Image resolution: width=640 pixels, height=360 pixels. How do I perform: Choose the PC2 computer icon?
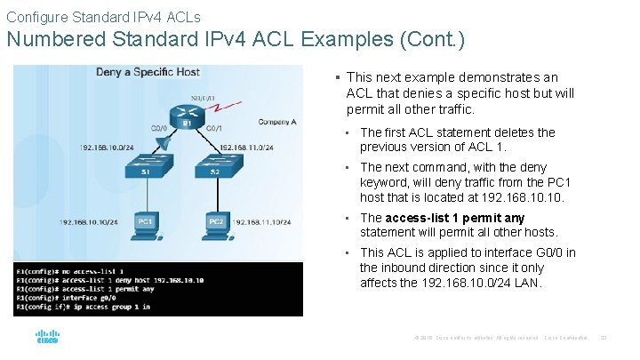(x=215, y=220)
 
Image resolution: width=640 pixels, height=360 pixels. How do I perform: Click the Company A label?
(x=276, y=121)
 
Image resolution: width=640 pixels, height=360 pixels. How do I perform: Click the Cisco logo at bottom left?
(x=46, y=338)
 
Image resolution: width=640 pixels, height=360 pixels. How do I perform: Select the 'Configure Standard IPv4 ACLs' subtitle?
(x=103, y=16)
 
